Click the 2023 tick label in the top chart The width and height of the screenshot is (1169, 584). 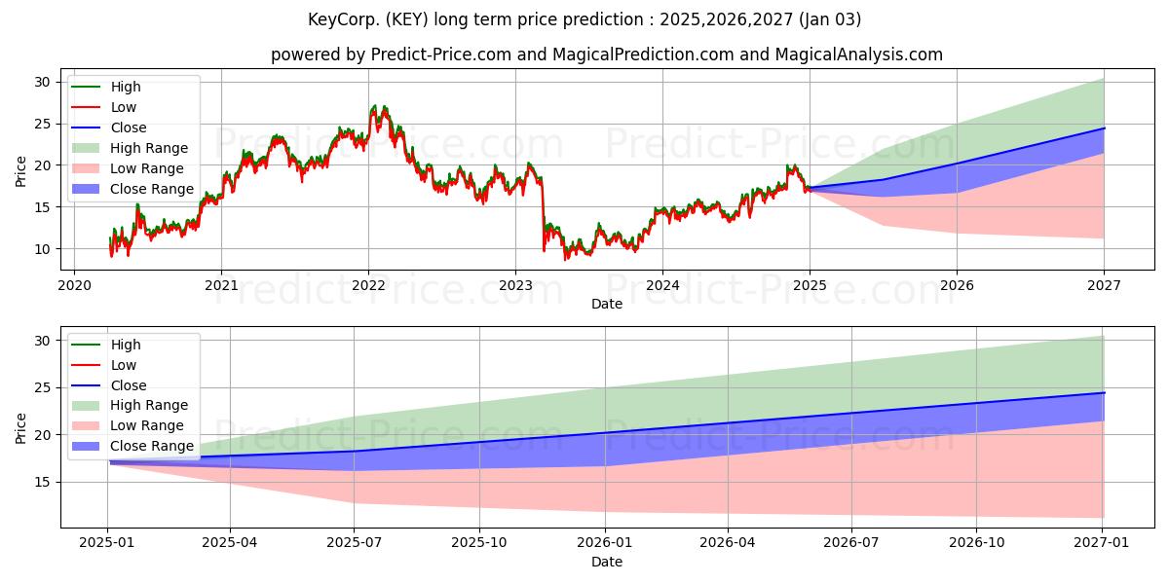click(515, 286)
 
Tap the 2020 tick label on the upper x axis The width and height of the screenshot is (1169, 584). click(74, 286)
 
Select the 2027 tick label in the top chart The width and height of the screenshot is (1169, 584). click(1104, 286)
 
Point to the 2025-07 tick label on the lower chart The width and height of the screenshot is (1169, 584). click(354, 543)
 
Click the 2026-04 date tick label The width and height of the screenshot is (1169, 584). click(728, 543)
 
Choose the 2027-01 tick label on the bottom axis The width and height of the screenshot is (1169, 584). click(1101, 543)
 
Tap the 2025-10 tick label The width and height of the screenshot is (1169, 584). click(479, 543)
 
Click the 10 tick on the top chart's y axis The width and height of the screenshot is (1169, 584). click(42, 249)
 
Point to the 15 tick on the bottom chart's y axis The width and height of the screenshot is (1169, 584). click(42, 483)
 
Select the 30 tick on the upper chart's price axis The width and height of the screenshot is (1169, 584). click(42, 83)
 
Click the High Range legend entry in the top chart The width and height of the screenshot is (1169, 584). click(130, 148)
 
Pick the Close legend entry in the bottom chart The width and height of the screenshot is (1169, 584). click(108, 385)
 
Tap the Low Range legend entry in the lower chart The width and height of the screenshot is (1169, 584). click(128, 425)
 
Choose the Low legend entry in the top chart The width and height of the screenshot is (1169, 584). click(103, 107)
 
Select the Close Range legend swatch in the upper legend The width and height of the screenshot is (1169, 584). click(85, 189)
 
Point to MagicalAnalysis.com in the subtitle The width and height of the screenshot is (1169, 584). click(858, 55)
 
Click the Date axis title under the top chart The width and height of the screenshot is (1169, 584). click(606, 304)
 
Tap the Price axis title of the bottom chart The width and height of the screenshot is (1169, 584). click(20, 428)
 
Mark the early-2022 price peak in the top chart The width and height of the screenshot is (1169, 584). click(374, 106)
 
